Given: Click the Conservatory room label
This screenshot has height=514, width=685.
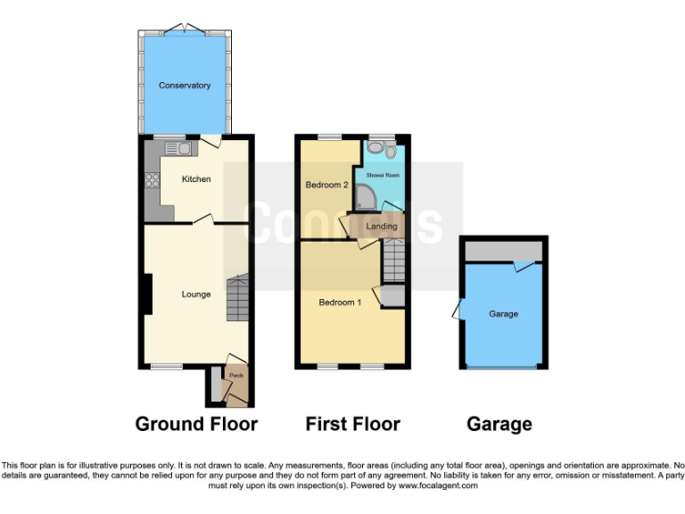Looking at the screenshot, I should (185, 86).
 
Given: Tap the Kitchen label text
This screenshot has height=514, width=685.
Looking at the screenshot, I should (196, 179).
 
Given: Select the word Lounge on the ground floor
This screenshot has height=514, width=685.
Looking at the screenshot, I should (196, 294).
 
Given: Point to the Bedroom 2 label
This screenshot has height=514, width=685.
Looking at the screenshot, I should (326, 185).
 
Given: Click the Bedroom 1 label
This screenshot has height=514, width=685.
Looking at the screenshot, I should (340, 302).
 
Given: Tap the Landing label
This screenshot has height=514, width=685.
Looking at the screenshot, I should (382, 227).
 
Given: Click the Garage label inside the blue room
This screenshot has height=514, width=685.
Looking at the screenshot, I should (504, 314).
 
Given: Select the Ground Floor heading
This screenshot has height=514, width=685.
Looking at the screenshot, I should (196, 424).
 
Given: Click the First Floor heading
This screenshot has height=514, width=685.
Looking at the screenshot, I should (352, 424).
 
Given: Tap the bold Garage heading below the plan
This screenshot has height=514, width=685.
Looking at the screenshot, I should (499, 424).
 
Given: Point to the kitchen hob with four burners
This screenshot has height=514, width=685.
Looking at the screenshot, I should (150, 181).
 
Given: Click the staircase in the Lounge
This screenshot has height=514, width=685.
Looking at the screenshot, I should (237, 299).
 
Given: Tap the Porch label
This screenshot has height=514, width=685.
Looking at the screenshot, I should (236, 376).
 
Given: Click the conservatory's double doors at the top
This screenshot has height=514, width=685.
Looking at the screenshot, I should (185, 28).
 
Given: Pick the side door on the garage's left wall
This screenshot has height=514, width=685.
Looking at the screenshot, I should (458, 311).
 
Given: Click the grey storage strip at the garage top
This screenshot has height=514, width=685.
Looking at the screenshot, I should (504, 251).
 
